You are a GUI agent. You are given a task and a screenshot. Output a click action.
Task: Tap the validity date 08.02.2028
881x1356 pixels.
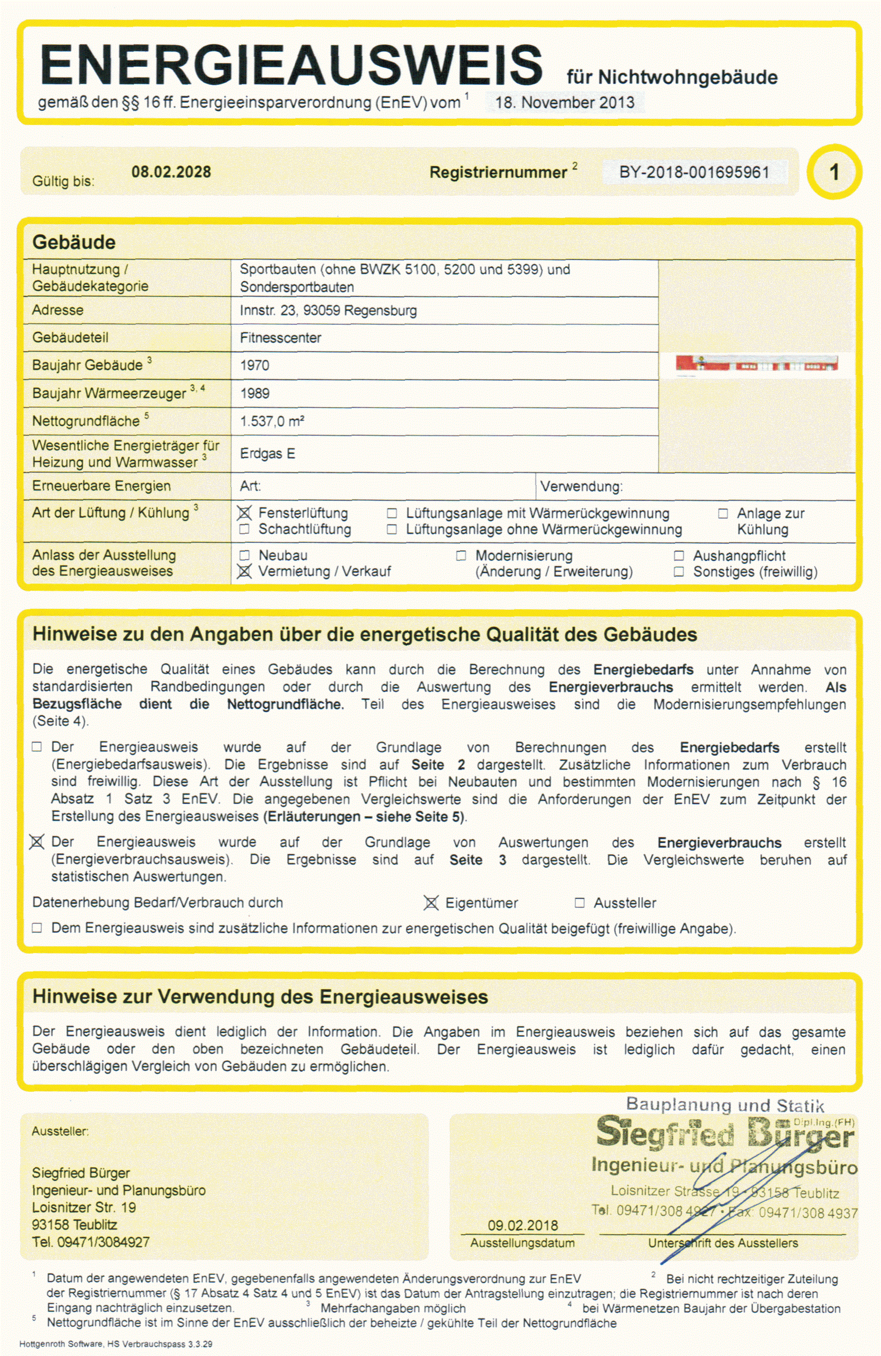(171, 172)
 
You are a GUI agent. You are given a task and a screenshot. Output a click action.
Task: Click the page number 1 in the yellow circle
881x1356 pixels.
(834, 172)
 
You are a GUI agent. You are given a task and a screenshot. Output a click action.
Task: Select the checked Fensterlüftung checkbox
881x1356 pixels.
(244, 513)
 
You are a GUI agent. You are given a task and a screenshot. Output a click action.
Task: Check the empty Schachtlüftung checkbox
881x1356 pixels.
(244, 529)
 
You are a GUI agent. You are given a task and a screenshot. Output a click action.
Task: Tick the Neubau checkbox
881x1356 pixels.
(244, 556)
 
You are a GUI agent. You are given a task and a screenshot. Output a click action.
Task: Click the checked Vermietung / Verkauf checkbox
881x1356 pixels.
(244, 571)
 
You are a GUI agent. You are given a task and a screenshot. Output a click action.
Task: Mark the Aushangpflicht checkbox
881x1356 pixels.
(679, 556)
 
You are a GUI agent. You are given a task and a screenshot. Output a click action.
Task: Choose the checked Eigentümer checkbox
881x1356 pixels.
(431, 903)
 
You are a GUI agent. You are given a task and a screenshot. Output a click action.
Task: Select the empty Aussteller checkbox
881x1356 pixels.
(580, 903)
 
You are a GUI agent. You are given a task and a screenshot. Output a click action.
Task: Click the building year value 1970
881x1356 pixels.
(255, 366)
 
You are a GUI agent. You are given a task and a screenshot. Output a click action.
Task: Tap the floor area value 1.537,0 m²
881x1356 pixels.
(271, 422)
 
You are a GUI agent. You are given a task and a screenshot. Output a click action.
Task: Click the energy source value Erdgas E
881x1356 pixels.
(267, 454)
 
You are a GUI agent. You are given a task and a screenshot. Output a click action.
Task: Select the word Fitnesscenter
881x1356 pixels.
(280, 338)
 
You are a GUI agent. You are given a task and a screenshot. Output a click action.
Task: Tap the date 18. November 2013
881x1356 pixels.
(564, 102)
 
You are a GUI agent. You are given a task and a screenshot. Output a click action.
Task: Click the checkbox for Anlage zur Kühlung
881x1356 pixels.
(723, 514)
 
